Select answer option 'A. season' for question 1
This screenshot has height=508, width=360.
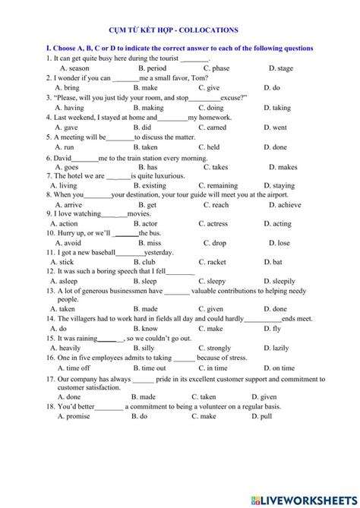click(x=74, y=68)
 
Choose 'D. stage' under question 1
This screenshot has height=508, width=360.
click(x=279, y=68)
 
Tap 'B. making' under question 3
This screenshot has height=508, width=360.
click(x=147, y=108)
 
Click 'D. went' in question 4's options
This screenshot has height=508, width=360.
click(x=275, y=128)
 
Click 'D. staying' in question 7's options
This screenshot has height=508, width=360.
click(x=279, y=185)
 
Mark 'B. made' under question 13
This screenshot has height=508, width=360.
click(x=145, y=309)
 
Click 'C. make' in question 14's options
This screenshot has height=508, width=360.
click(x=210, y=329)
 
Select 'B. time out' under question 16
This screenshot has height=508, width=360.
click(x=149, y=368)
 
